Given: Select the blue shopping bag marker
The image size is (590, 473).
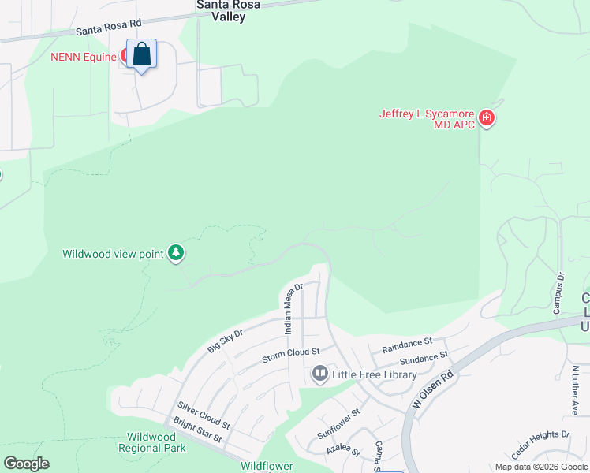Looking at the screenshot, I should pos(142,55).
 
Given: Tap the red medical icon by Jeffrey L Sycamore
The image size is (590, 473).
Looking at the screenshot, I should pos(487,119).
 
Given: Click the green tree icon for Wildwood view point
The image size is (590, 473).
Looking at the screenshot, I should pos(177,253).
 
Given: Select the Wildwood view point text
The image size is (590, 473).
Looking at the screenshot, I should pos(113,254).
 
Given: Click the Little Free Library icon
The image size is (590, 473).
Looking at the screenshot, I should pos(319,374).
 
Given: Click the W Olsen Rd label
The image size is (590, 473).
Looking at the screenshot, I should pos(433,389).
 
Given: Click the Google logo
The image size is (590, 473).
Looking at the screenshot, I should pos(26,464).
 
